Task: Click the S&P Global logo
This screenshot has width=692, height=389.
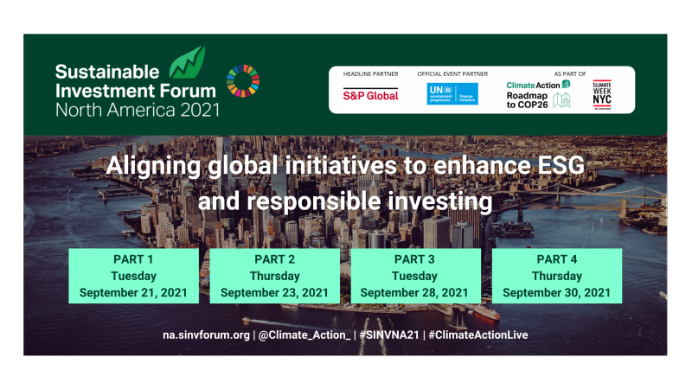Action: (370, 95)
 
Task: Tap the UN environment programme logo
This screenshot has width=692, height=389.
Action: (452, 93)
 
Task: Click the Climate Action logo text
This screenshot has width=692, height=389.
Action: (533, 84)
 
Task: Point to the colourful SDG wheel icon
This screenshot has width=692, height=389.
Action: (242, 81)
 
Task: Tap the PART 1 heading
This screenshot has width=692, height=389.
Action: (133, 260)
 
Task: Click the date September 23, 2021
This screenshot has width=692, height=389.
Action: (274, 293)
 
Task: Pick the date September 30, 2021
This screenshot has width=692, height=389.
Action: (556, 293)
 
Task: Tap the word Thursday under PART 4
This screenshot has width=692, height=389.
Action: (556, 277)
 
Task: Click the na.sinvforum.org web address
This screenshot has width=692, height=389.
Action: (208, 335)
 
